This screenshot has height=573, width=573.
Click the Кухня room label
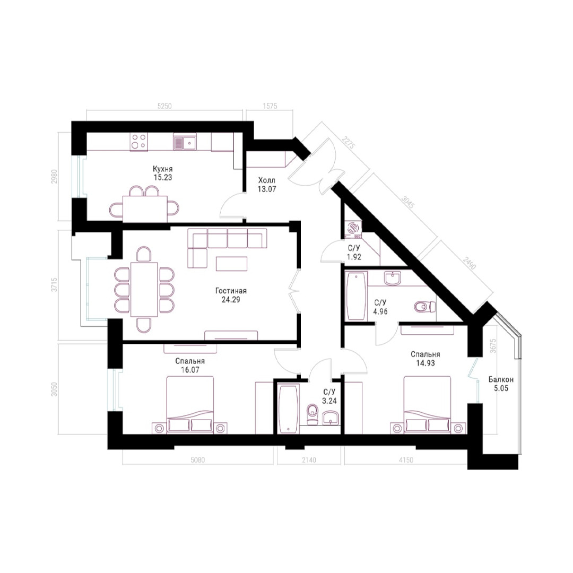[x=163, y=169]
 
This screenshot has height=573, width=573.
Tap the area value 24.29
[x=231, y=300]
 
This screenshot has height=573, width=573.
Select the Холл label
[x=267, y=180]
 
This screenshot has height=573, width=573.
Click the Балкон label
[x=501, y=380]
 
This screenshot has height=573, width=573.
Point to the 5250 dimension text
[x=164, y=106]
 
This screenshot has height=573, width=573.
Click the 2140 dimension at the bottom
[x=309, y=459]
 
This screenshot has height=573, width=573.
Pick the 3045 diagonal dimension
[x=408, y=202]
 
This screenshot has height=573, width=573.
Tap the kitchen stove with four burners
[x=139, y=142]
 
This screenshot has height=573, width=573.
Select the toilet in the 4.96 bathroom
[x=424, y=306]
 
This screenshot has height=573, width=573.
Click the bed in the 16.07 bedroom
[x=190, y=405]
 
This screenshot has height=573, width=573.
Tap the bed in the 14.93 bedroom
[x=427, y=405]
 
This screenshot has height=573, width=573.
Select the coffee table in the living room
[x=231, y=264]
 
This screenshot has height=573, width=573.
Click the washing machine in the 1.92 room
[x=353, y=228]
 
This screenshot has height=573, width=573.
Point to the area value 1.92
[x=354, y=257]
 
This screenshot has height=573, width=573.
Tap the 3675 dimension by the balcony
[x=493, y=345]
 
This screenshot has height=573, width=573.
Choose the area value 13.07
[x=267, y=189]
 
